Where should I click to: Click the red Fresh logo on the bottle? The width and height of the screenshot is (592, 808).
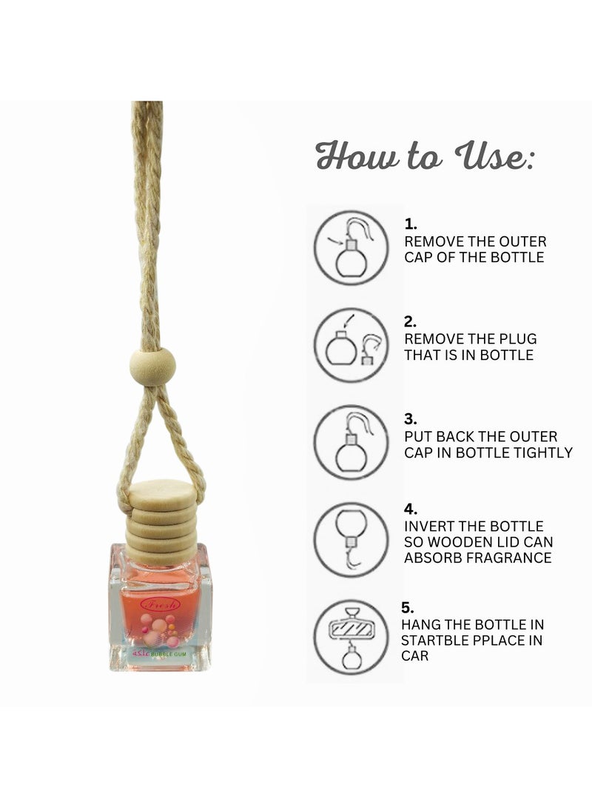(x=161, y=604)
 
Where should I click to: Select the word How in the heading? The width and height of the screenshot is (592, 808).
(x=353, y=156)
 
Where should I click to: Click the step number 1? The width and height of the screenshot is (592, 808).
(x=411, y=223)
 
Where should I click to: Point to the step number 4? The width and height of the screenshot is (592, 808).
(x=411, y=509)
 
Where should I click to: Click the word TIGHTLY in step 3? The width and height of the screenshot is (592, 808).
(x=545, y=452)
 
